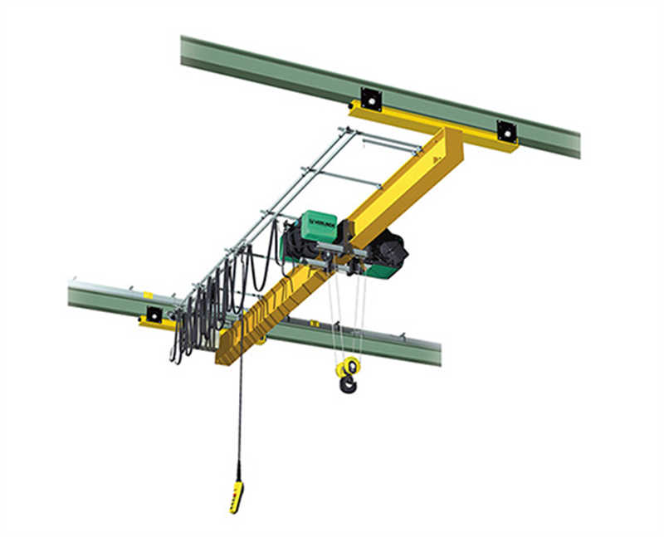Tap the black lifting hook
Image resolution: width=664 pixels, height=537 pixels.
pyautogui.click(x=347, y=383)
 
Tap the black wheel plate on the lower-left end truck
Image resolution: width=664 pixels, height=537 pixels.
pyautogui.click(x=154, y=315)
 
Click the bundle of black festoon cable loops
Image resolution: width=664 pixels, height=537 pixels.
pyautogui.click(x=207, y=307)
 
